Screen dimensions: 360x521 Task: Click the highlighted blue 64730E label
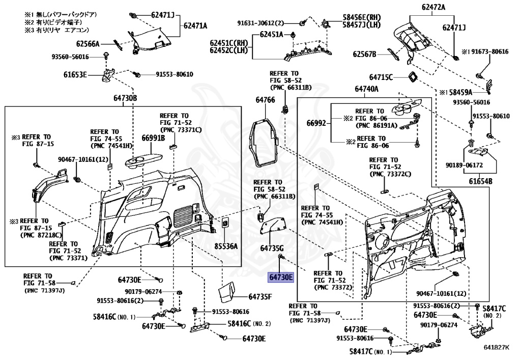point(281,278)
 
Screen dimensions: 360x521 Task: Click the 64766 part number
point(265,100)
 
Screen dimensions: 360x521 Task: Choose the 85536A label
point(226,246)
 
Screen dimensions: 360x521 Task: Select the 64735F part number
point(260,296)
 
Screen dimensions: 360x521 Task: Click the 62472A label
point(433,7)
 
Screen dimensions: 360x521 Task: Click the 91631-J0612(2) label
point(268,23)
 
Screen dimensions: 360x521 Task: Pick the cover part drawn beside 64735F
point(226,291)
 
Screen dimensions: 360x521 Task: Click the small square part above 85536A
point(224,223)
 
